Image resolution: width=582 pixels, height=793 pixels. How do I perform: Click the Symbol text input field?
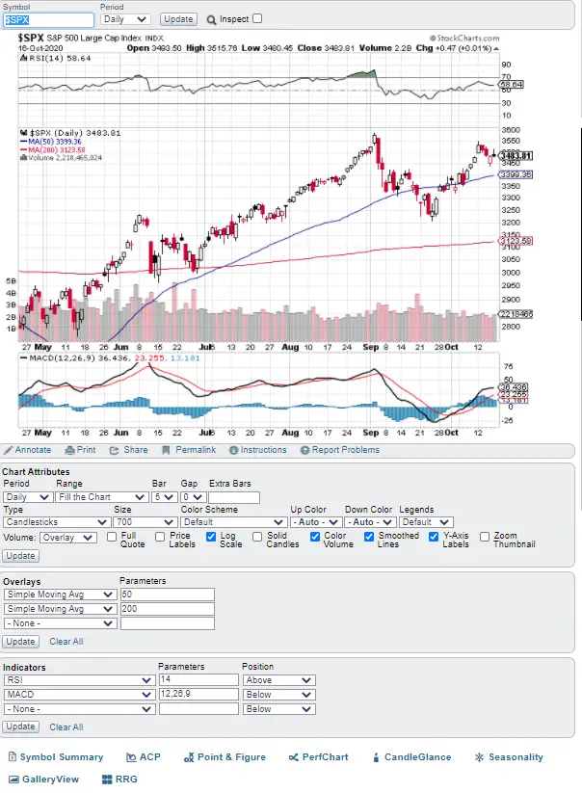coord(49,19)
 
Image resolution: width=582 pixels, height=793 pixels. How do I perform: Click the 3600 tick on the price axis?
coord(511,129)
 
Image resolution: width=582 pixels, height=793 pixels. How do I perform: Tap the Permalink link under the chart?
coord(189,450)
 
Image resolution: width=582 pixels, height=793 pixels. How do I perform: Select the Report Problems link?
coord(340,450)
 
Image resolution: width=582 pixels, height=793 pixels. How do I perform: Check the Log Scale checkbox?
coord(212,537)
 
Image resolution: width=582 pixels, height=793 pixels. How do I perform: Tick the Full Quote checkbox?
coord(112,537)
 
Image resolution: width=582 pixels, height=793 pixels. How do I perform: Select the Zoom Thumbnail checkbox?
coord(485,537)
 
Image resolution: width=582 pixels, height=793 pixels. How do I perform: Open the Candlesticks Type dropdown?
coord(56,522)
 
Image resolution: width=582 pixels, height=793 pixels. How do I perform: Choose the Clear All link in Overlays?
coord(66,641)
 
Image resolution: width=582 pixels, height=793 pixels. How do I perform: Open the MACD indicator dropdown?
coord(78,694)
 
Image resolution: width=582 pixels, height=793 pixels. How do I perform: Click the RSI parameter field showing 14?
coord(198,679)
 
